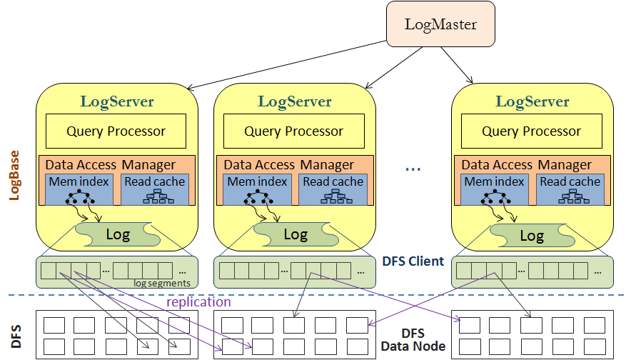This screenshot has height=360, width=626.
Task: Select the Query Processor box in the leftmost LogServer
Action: pos(116,131)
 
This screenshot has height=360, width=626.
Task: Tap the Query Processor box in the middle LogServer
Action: pos(294,131)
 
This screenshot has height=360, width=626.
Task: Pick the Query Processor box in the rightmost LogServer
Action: pos(532,131)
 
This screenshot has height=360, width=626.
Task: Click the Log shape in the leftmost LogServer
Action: pos(118,235)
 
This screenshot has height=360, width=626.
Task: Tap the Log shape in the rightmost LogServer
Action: pos(532,236)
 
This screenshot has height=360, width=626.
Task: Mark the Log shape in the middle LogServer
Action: pos(296,234)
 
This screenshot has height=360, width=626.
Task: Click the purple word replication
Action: pos(198,302)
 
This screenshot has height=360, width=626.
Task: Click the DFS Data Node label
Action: pos(413,339)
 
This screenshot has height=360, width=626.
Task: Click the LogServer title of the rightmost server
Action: pos(532,101)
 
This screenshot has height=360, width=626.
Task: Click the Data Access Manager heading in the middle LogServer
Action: pos(289,165)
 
